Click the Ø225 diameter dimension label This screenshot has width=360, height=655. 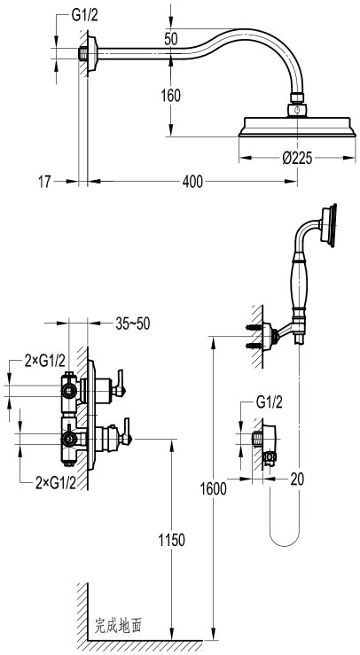(x=297, y=159)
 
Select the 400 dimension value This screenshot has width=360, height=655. (x=192, y=182)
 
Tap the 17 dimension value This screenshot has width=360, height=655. (x=44, y=182)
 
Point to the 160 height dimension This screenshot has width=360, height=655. (x=171, y=96)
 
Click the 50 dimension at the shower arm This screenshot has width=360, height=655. (x=170, y=39)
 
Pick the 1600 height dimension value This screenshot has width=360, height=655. (x=213, y=488)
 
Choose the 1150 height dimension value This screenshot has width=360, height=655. (x=171, y=540)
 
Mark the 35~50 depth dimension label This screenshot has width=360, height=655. (x=132, y=324)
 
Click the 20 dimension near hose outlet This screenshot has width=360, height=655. (x=297, y=480)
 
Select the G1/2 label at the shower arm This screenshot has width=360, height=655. (x=85, y=16)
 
